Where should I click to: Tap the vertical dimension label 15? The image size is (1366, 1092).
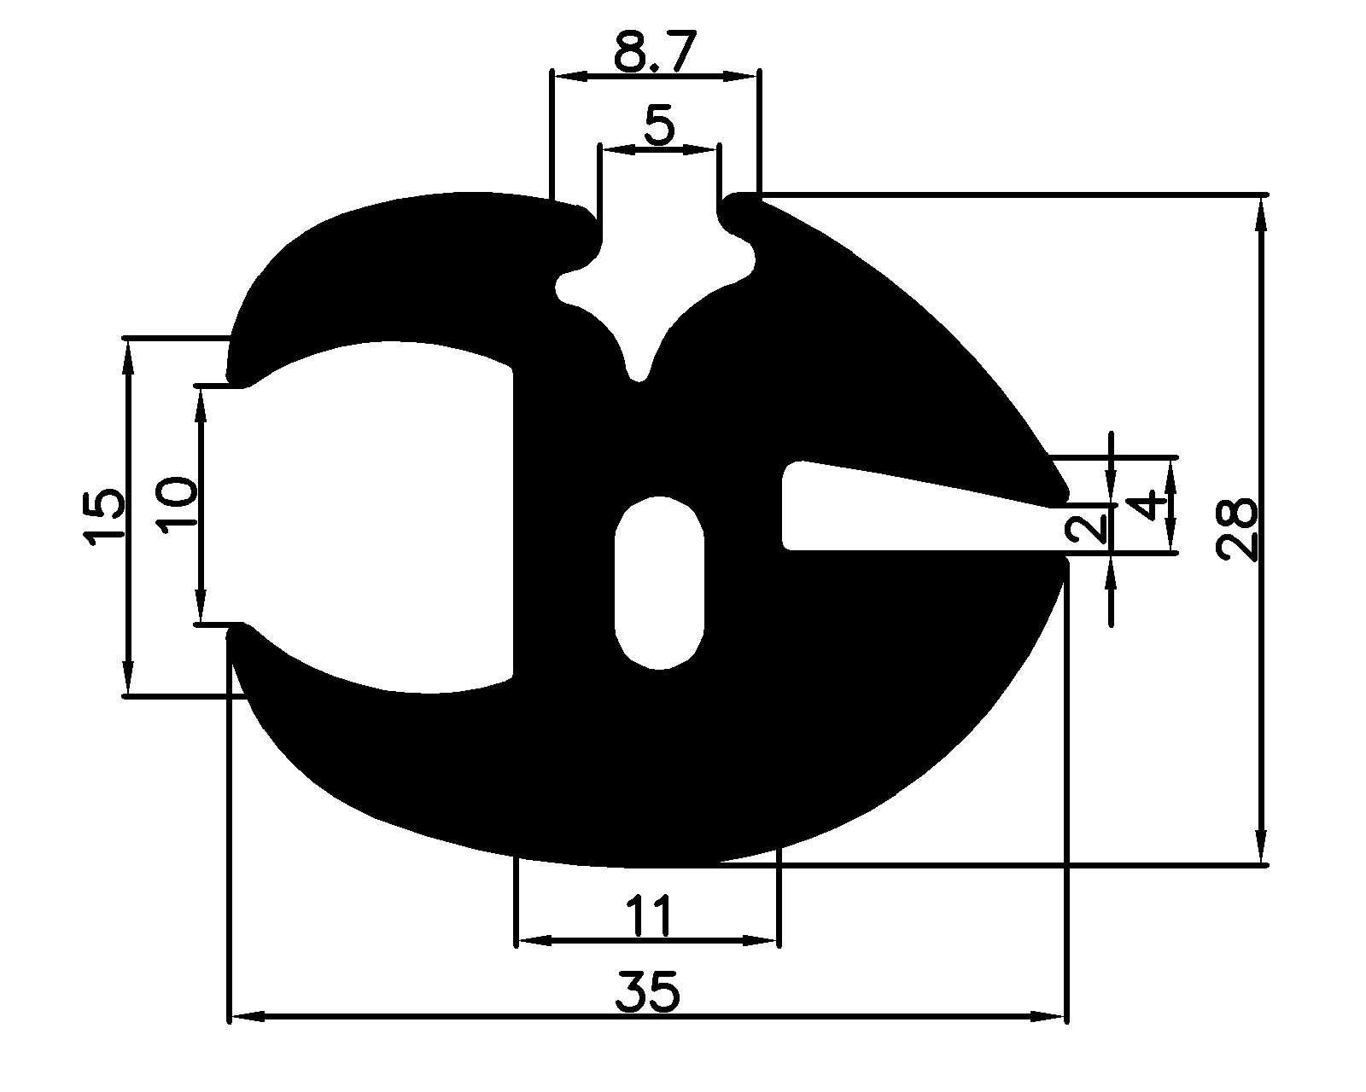point(104,516)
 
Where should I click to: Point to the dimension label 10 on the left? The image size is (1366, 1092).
point(178,505)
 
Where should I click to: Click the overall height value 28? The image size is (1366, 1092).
point(1237,529)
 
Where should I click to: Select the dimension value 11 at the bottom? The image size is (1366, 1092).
point(648,916)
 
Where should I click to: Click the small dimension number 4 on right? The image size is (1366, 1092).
point(1152,505)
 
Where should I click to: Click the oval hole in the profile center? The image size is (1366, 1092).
point(659,583)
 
